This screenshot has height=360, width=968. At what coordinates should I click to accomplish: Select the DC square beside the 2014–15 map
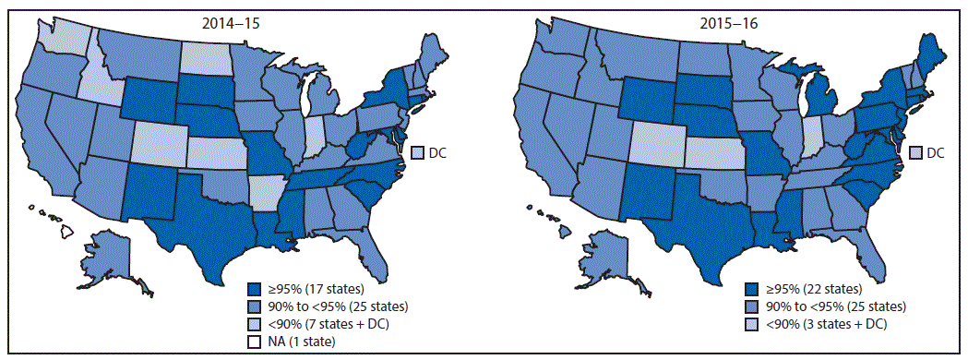[417, 152]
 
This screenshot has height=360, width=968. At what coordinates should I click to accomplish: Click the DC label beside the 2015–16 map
[936, 152]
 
